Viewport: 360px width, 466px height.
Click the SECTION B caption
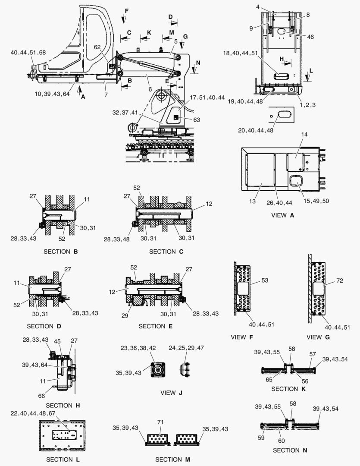(x=63, y=251)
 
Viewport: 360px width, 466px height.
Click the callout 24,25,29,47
(x=186, y=347)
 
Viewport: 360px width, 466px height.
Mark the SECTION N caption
(x=286, y=450)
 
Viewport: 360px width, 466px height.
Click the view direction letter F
(x=126, y=10)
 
